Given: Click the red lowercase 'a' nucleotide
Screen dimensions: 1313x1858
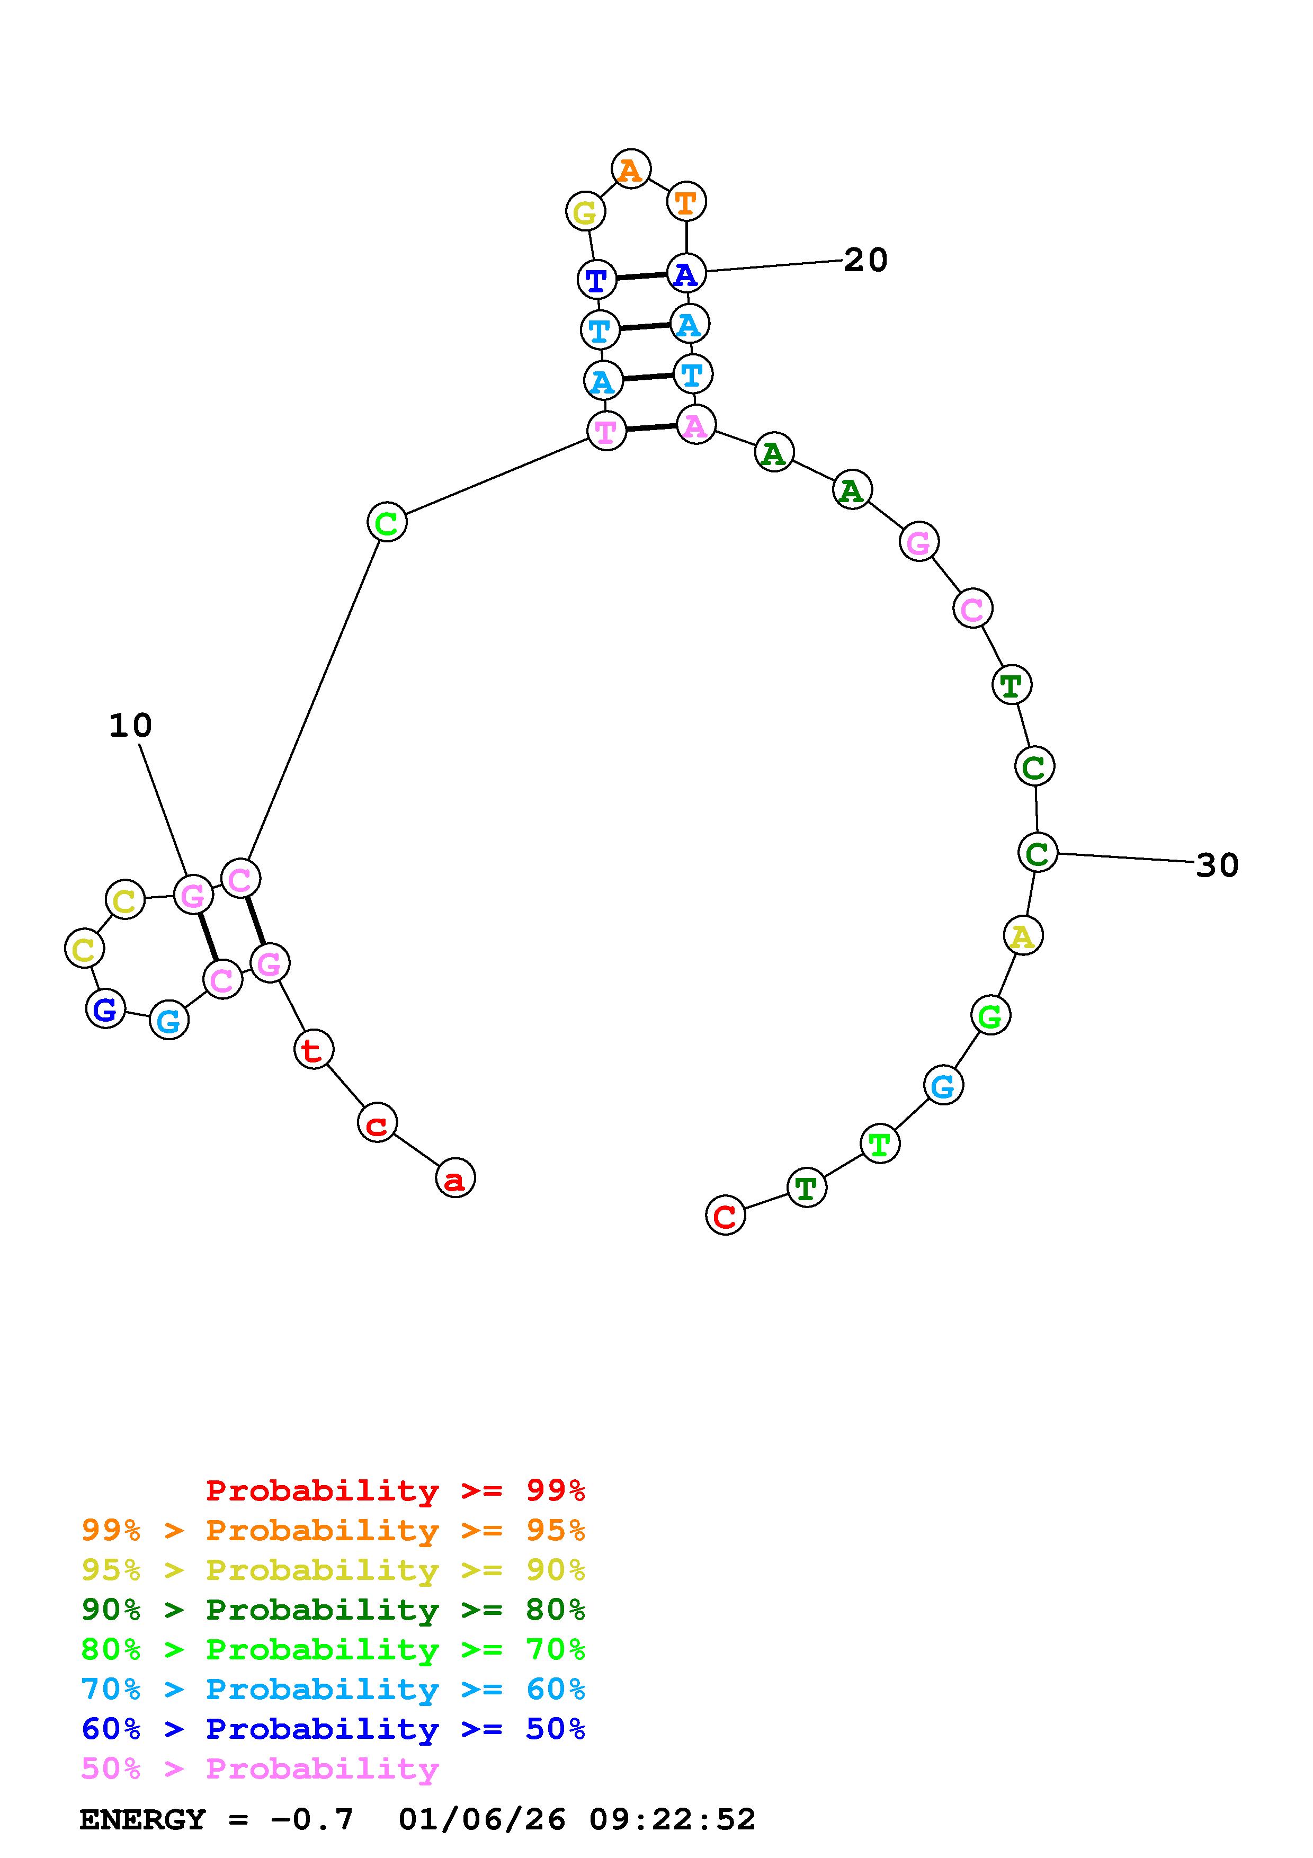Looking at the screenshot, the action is (455, 1178).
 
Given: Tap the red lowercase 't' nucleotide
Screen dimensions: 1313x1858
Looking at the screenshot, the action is (313, 1050).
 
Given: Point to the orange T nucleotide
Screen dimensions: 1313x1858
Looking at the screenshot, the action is (686, 201).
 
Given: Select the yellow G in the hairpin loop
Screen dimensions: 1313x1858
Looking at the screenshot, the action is (585, 212).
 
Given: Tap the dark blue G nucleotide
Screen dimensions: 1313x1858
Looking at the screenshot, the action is (105, 1008).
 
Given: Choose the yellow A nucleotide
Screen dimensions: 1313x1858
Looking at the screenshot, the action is (1023, 936).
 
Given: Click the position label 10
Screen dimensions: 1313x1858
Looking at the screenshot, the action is (130, 725).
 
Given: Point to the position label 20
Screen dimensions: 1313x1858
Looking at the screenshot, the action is (865, 260).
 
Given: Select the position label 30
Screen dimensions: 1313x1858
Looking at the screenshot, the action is (1217, 865).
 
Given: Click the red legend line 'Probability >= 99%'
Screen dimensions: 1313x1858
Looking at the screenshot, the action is (396, 1490).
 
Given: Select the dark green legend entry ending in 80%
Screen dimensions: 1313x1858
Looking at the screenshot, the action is (333, 1610).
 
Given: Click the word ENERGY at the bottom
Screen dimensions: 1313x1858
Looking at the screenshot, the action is (142, 1819).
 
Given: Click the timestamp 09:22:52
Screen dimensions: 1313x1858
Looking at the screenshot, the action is (672, 1819).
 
